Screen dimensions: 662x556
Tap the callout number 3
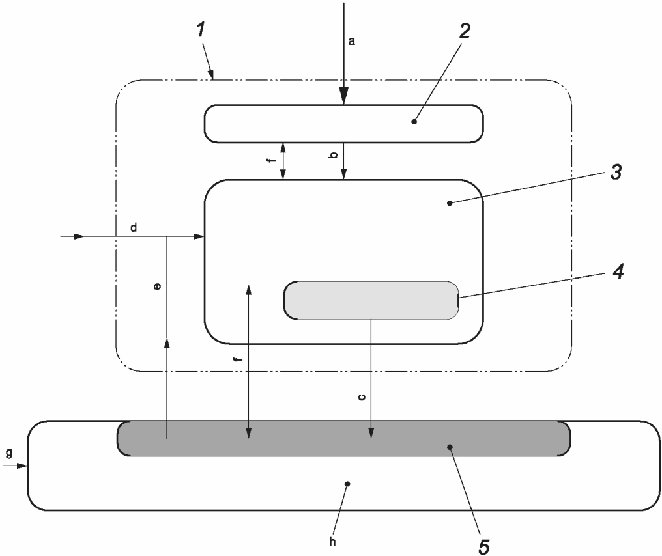pos(616,173)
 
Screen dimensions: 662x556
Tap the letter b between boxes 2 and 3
pos(333,156)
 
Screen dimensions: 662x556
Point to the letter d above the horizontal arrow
pos(134,228)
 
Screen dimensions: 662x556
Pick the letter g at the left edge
pos(8,453)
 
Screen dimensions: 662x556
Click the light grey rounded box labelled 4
pos(371,300)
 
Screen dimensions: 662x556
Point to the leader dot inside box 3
pos(450,203)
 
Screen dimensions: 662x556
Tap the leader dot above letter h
pos(347,484)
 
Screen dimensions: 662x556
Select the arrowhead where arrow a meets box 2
pos(343,98)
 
